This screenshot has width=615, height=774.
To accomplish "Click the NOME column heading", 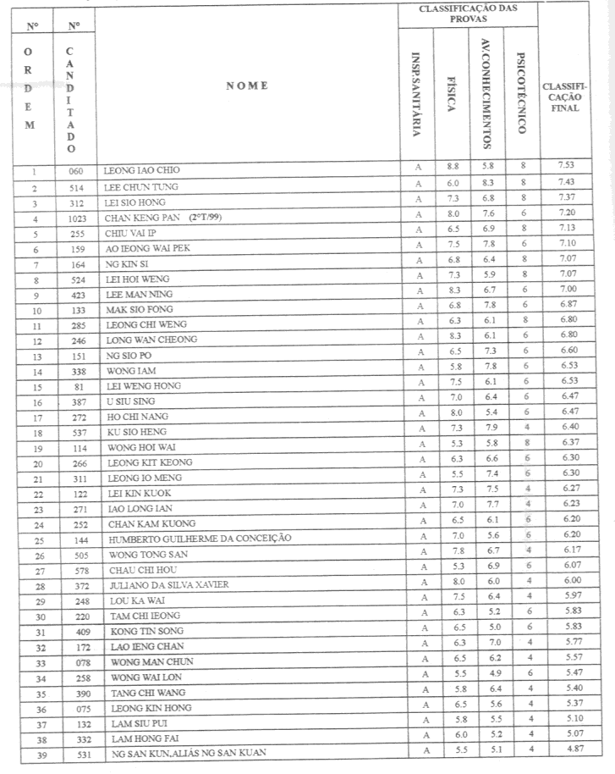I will pos(246,86).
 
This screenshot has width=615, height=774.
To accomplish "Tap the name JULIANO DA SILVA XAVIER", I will pos(168,585).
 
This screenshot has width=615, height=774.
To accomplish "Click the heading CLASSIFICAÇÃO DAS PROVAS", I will pos(468,14).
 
